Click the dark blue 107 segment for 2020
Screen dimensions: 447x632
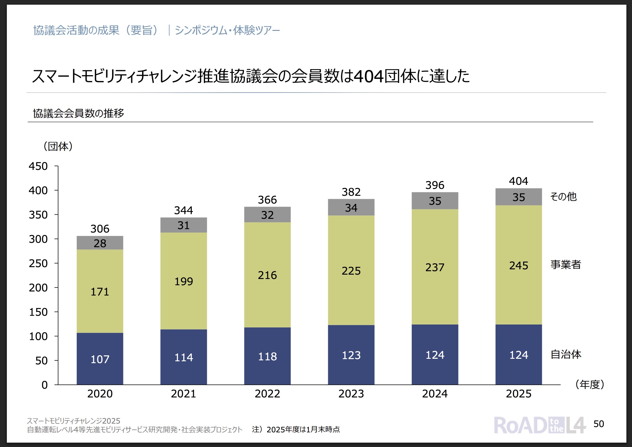[x=100, y=359]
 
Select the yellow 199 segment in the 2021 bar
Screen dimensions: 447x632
[x=184, y=281]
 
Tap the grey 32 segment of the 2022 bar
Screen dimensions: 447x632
[x=267, y=215]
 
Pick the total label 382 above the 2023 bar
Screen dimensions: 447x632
[x=351, y=192]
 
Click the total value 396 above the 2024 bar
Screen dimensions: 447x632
[x=435, y=185]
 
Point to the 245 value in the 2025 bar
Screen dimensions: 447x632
[x=519, y=266]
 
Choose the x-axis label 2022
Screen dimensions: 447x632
[x=267, y=394]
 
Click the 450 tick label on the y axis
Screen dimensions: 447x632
[x=38, y=166]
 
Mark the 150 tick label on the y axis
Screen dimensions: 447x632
[x=38, y=312]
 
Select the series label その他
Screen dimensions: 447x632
[x=563, y=197]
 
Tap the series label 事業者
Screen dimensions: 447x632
[x=566, y=265]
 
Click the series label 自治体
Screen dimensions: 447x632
[x=566, y=354]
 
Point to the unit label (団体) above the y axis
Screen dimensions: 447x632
[x=58, y=146]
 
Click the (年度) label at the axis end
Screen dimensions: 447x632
[x=590, y=384]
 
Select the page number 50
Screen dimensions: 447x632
[x=599, y=424]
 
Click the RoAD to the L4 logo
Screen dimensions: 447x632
[x=540, y=425]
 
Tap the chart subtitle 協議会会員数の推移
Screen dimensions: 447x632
[x=79, y=113]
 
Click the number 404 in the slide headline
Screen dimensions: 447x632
[x=369, y=76]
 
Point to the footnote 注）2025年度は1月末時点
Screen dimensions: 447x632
[x=296, y=430]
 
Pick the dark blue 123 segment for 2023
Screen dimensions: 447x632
[x=351, y=355]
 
